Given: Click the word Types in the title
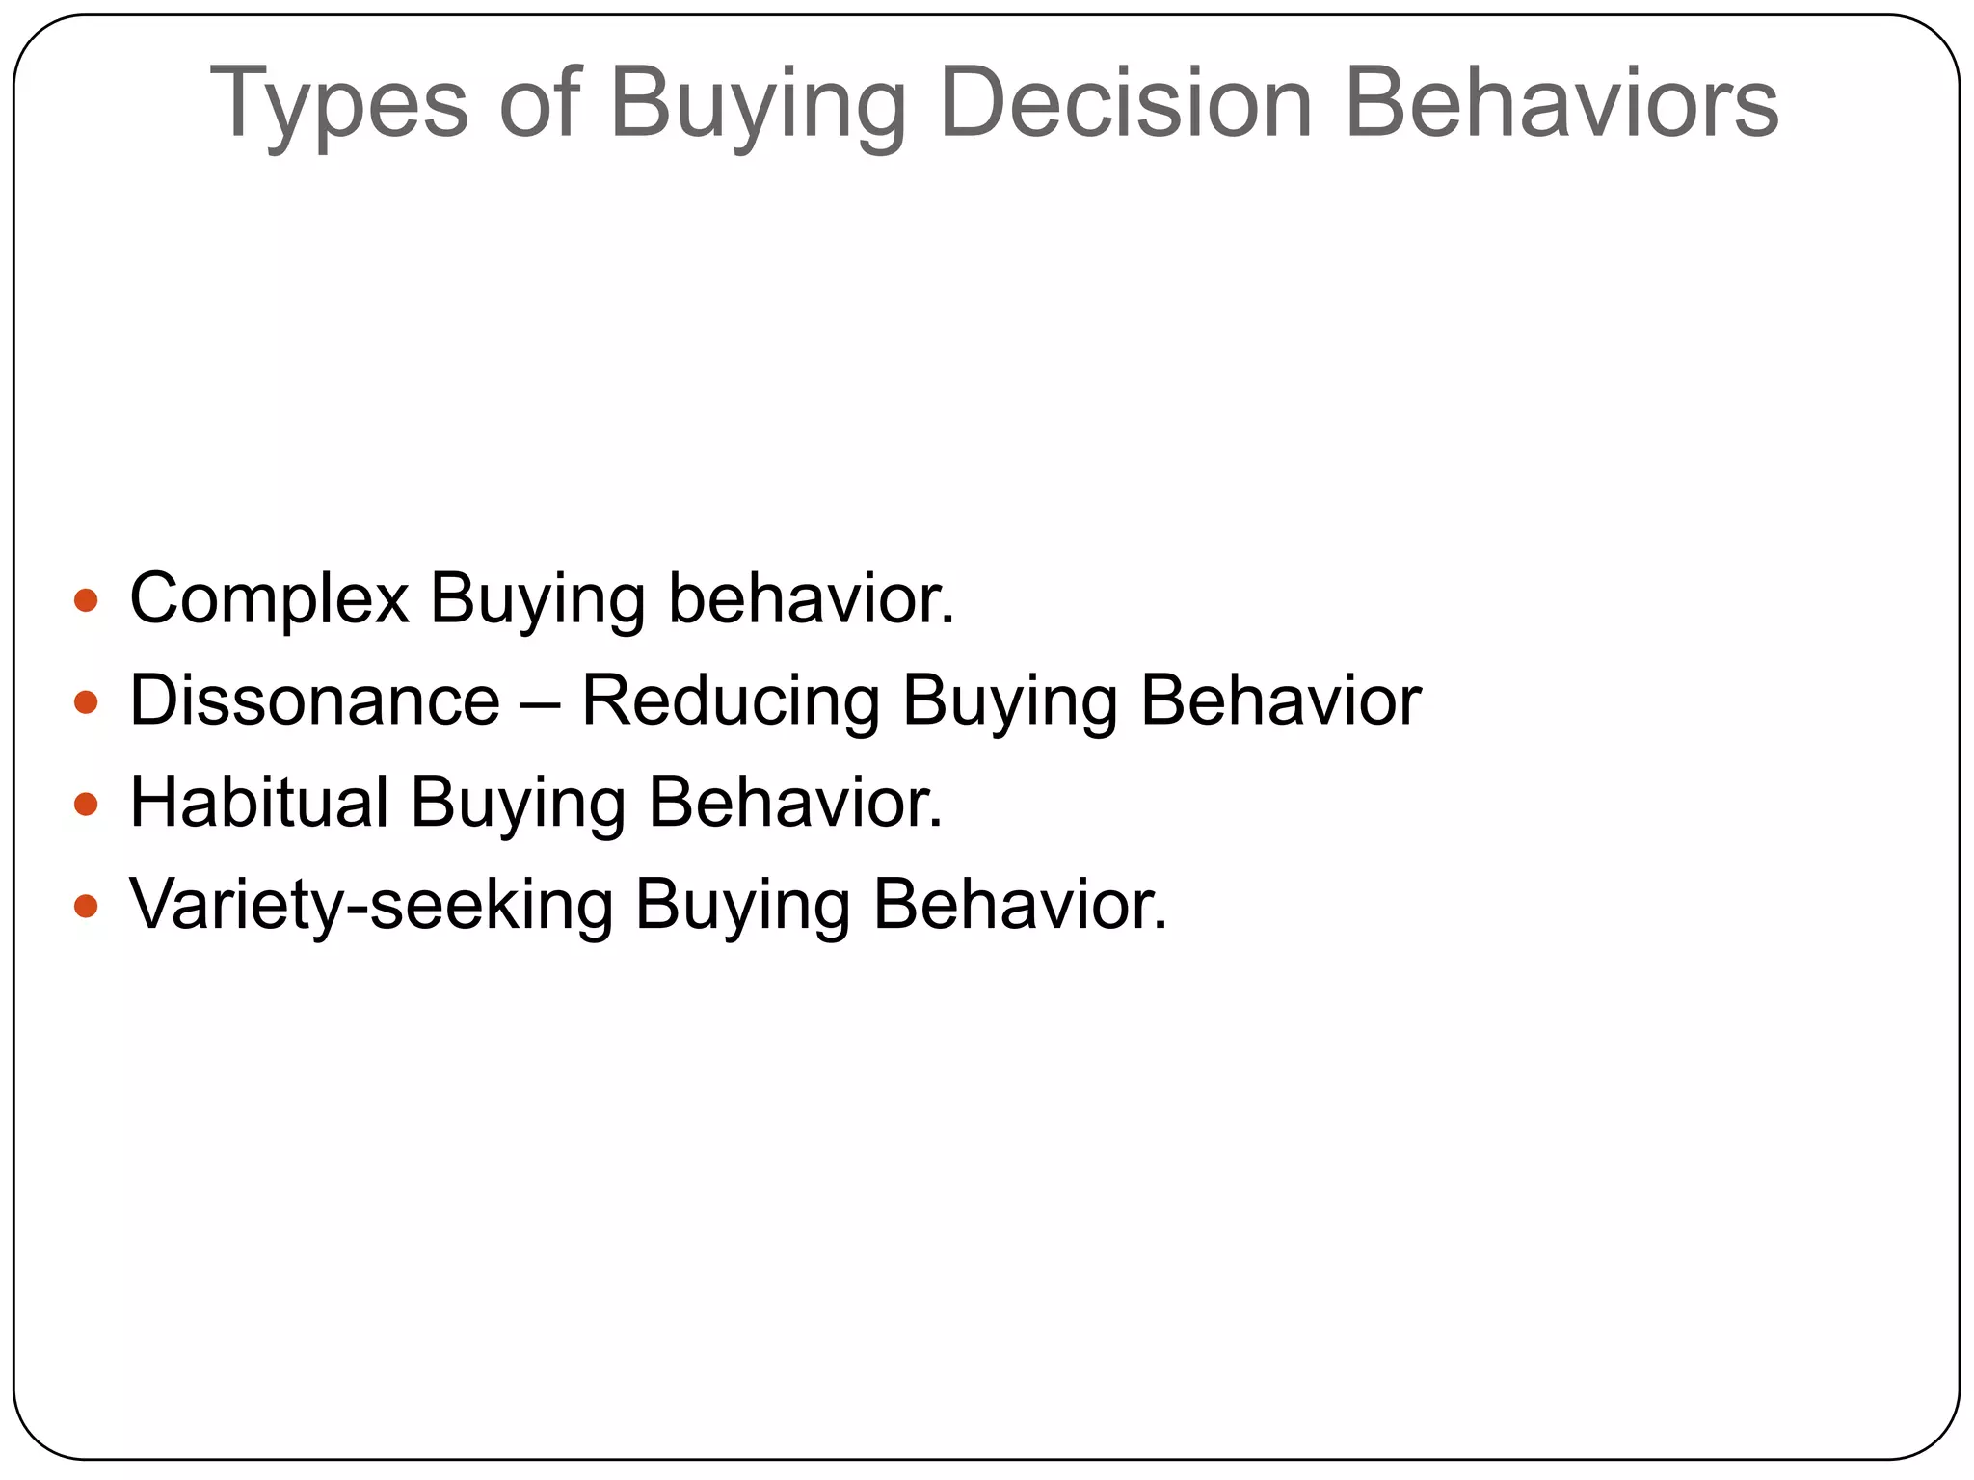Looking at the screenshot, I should (x=338, y=103).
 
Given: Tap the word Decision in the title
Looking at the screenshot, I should (x=1125, y=103).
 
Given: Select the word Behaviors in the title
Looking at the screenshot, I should (x=1561, y=103).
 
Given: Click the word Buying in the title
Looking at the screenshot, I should (x=758, y=103).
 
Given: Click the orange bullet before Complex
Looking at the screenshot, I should (x=86, y=601).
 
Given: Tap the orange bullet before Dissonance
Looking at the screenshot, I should (x=86, y=702).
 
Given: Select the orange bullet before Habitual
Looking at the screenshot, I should (x=86, y=804).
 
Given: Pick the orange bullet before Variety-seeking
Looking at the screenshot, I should (x=86, y=906).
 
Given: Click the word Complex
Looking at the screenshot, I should (x=270, y=599).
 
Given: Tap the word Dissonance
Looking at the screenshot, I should (x=315, y=700).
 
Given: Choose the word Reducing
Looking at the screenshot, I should (x=731, y=700).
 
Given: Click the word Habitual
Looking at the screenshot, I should (x=259, y=802).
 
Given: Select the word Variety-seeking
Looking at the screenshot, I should (x=371, y=904).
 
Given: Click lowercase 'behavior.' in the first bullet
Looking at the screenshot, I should (x=811, y=599).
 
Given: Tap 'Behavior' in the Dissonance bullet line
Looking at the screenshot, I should (x=1280, y=700).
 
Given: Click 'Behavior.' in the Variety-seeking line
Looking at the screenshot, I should (x=1020, y=904).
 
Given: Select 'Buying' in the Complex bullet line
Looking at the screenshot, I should (x=537, y=599).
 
